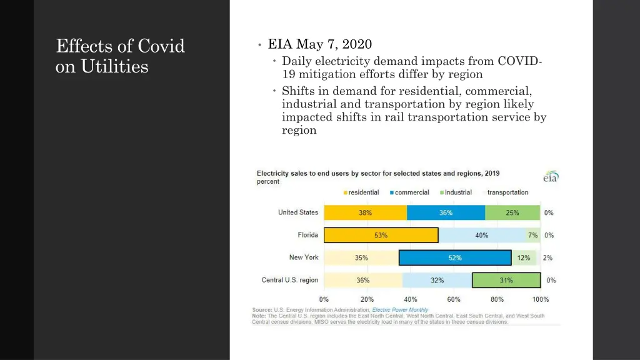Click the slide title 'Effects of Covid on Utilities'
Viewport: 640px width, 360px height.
(120, 56)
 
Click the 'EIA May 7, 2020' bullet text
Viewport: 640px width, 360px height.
(319, 44)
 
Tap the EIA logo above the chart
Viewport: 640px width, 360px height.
(550, 177)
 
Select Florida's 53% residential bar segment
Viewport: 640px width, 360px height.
(381, 235)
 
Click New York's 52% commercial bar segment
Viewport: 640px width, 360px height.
(454, 257)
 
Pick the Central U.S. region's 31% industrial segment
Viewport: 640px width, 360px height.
(506, 280)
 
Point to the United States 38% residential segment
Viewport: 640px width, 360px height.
(365, 212)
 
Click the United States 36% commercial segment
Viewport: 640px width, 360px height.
(446, 212)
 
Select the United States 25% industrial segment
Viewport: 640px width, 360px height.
(512, 212)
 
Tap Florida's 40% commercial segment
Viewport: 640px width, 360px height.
(481, 235)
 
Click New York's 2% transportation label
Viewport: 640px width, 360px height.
(547, 257)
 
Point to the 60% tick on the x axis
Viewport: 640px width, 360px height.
(454, 299)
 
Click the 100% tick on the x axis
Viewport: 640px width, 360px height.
(540, 299)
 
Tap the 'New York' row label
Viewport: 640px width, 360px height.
(304, 257)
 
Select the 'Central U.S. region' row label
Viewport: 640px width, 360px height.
(289, 280)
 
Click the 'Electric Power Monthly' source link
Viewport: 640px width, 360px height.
(400, 310)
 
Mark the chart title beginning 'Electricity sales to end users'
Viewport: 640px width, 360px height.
(378, 173)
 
